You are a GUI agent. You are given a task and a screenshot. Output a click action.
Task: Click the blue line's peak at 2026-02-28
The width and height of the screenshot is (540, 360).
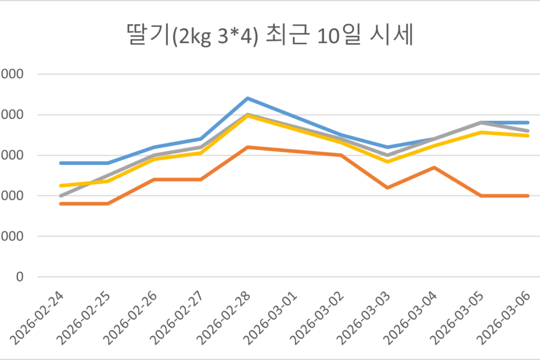tap(248, 98)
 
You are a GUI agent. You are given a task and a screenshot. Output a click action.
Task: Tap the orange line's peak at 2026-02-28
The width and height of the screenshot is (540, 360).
tap(248, 147)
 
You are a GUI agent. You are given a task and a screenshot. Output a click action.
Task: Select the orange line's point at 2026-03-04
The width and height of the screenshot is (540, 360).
tap(435, 167)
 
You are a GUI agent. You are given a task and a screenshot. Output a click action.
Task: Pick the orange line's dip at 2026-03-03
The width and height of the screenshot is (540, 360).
tap(388, 188)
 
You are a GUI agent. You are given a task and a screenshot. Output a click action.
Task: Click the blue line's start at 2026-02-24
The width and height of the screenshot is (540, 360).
tap(61, 163)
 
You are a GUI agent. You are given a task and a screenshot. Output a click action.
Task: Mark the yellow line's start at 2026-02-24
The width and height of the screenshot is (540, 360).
tap(61, 186)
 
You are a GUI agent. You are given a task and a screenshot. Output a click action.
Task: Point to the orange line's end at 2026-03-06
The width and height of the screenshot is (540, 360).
tap(528, 196)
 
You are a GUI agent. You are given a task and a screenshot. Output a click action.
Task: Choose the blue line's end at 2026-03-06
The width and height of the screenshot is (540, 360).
tap(528, 123)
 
